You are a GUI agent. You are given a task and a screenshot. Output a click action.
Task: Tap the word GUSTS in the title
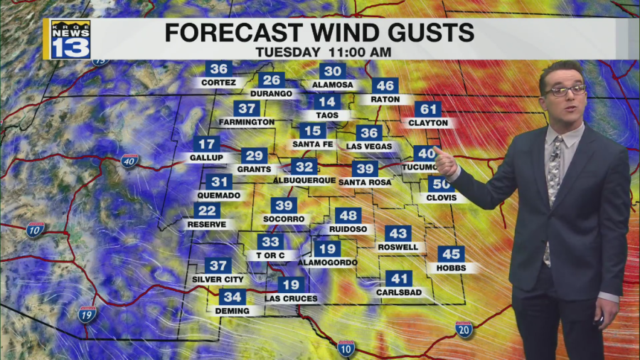click(432, 33)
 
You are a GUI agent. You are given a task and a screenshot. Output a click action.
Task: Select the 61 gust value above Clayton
click(428, 110)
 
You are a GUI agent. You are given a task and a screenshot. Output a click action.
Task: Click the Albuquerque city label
click(304, 181)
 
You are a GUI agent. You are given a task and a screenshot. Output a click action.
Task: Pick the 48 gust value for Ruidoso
click(348, 216)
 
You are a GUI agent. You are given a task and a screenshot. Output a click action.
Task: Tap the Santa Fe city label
click(312, 144)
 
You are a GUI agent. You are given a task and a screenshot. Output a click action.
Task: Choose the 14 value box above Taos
click(328, 102)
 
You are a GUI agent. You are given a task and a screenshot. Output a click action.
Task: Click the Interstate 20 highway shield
click(464, 329)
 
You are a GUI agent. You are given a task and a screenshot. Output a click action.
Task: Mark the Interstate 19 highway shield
click(87, 314)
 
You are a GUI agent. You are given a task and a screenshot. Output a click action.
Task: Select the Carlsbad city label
click(399, 292)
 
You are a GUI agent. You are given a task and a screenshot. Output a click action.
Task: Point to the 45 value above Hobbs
click(451, 254)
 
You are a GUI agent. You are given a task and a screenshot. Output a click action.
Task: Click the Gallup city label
click(206, 157)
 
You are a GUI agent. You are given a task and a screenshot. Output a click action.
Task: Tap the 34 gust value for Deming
click(232, 297)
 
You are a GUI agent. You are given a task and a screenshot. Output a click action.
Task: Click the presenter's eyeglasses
click(565, 91)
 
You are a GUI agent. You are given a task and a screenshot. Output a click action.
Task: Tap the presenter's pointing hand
click(444, 162)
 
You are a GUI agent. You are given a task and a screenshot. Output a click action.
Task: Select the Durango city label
click(271, 93)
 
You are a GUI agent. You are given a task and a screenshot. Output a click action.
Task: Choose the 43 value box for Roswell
click(398, 233)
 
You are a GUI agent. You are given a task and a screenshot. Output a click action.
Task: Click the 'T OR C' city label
click(271, 255)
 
